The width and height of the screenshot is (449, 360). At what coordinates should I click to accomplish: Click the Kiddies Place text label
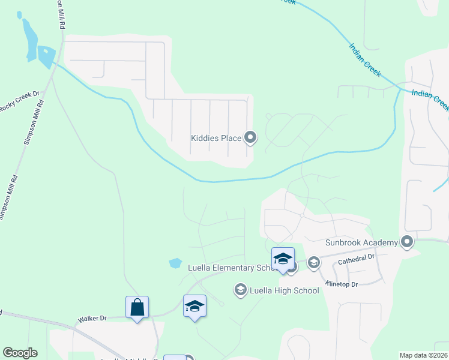click(216, 139)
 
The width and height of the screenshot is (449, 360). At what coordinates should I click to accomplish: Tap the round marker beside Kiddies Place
click(251, 139)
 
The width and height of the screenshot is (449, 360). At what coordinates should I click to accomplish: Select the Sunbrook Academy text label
click(361, 242)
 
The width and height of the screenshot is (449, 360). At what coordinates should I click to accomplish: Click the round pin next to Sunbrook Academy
click(408, 242)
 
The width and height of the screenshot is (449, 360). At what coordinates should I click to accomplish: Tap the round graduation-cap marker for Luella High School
click(240, 290)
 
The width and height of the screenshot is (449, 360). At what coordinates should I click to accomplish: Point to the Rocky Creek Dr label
click(19, 100)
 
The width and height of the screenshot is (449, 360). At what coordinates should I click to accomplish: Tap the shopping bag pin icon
click(137, 307)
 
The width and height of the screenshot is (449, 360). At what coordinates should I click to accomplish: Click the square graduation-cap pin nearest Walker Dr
click(194, 306)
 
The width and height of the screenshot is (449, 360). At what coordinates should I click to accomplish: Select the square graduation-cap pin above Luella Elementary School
click(283, 259)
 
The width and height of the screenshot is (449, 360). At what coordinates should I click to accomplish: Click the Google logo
click(20, 353)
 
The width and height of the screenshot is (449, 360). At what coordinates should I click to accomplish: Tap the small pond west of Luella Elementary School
click(175, 263)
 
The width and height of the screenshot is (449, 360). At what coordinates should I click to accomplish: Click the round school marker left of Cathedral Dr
click(313, 262)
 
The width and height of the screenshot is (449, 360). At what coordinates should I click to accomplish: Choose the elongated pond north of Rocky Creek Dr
click(28, 38)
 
